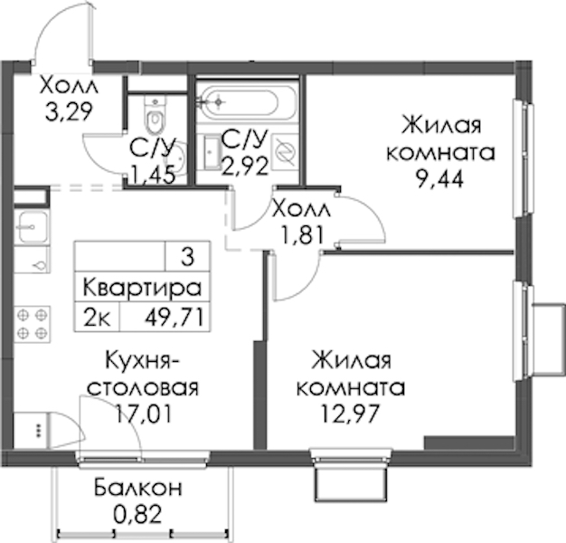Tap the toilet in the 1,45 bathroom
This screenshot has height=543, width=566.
(156, 115)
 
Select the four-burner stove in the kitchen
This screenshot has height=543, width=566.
(33, 324)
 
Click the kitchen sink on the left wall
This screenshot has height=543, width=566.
(33, 227)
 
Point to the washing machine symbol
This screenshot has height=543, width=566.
(285, 152)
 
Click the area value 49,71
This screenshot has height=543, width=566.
(175, 319)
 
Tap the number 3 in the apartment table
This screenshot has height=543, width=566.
(188, 257)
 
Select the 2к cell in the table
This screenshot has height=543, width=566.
(97, 319)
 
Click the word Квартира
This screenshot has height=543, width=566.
(142, 288)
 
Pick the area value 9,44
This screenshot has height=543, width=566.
(439, 179)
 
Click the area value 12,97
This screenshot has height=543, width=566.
(350, 414)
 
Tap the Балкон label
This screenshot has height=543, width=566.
(138, 488)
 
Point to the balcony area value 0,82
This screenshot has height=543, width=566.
(137, 514)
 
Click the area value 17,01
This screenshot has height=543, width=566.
(143, 414)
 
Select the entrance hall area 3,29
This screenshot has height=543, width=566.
(69, 111)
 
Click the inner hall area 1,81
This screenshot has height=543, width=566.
(303, 235)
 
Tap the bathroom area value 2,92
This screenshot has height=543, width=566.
(245, 166)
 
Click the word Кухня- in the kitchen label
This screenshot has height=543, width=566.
(143, 361)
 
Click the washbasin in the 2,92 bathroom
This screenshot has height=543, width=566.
(212, 152)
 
